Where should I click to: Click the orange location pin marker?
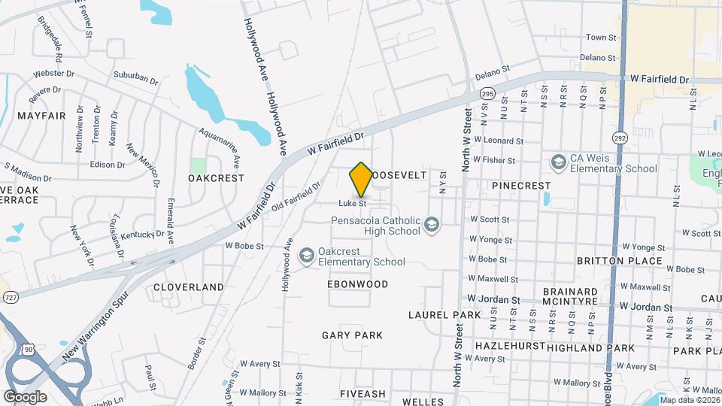click(361, 180)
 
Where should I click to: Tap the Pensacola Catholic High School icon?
click(432, 225)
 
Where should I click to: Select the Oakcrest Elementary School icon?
click(306, 256)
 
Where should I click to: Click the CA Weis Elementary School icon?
click(558, 162)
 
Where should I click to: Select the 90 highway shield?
click(29, 350)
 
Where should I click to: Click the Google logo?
click(25, 396)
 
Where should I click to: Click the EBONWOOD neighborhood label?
click(358, 284)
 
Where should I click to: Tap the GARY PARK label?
click(352, 335)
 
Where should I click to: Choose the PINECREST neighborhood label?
click(521, 185)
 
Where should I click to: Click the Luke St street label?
click(352, 203)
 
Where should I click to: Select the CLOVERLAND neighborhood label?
click(189, 286)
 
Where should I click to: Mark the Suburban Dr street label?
click(136, 77)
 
